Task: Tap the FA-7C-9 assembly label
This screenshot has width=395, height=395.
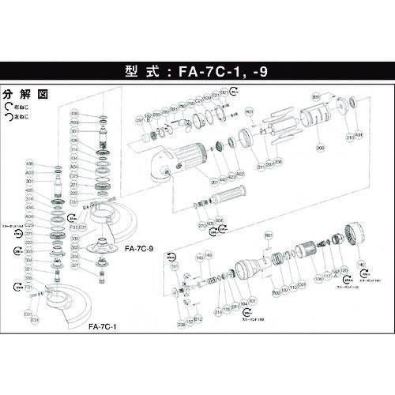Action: pyautogui.click(x=139, y=247)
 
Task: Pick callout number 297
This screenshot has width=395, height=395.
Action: pyautogui.click(x=139, y=120)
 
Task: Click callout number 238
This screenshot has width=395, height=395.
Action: pyautogui.click(x=180, y=324)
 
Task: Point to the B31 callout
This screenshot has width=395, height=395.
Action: pyautogui.click(x=316, y=95)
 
